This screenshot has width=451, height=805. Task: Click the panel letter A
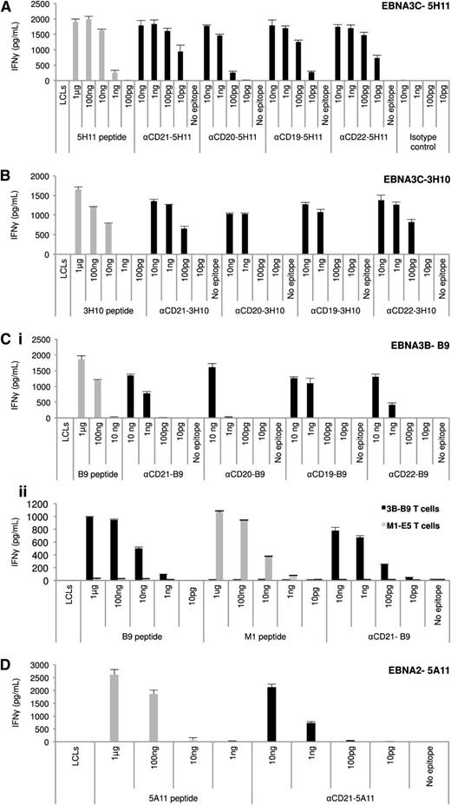[7, 8]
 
